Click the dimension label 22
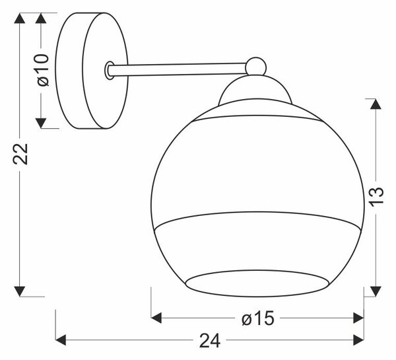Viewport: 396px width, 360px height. (x=20, y=154)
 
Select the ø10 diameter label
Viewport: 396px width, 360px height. (x=42, y=70)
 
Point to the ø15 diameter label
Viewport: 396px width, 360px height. (x=258, y=318)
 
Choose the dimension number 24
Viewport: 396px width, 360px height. (x=210, y=341)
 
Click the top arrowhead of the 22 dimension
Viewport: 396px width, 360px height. (x=20, y=18)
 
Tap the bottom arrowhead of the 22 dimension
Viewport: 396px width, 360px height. (x=20, y=291)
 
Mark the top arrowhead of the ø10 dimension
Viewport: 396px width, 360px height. (x=41, y=18)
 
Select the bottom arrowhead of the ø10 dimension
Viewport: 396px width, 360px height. (x=41, y=123)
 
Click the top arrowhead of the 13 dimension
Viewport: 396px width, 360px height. (x=376, y=104)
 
